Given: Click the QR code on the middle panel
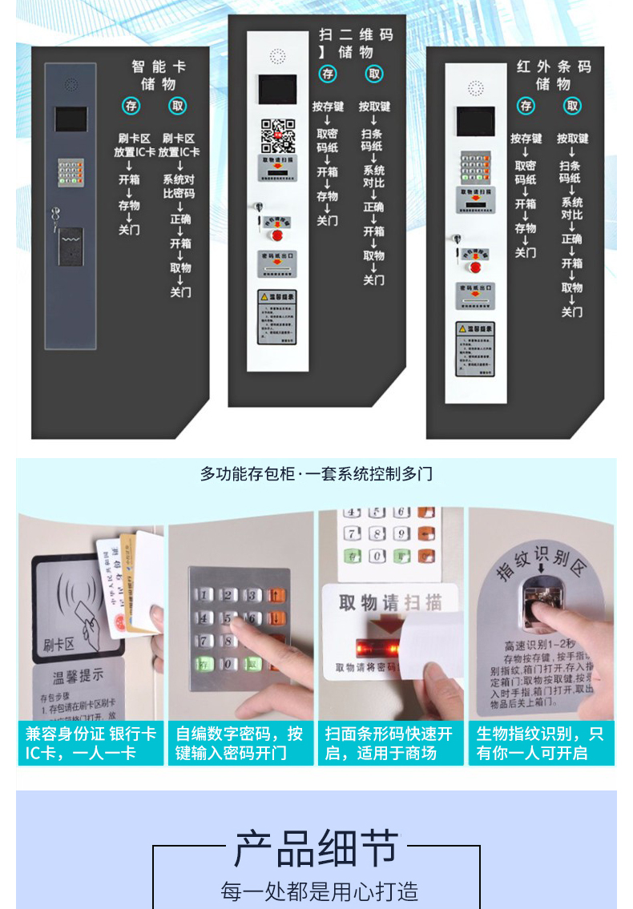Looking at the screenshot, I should point(278,135).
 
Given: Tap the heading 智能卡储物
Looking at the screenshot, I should point(159,75).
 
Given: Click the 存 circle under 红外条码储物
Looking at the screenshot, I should point(526,106).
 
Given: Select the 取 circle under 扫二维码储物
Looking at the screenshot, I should point(374,74).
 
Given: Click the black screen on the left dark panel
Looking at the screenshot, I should point(71,120).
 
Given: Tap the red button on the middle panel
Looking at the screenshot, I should point(278,235).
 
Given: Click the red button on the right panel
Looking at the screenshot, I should point(475,267).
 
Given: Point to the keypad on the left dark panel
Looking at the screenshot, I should point(71,171).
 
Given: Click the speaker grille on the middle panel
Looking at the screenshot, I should point(278,57).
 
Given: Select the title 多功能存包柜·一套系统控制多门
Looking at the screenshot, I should point(316,473).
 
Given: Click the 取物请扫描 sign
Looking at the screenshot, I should point(390,602).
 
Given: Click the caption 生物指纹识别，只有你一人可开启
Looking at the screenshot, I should point(541,743).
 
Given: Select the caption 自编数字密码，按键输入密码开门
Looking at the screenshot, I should point(240,743).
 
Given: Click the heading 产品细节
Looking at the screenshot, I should point(316,849).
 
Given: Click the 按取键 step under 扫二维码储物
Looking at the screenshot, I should point(374,107).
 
